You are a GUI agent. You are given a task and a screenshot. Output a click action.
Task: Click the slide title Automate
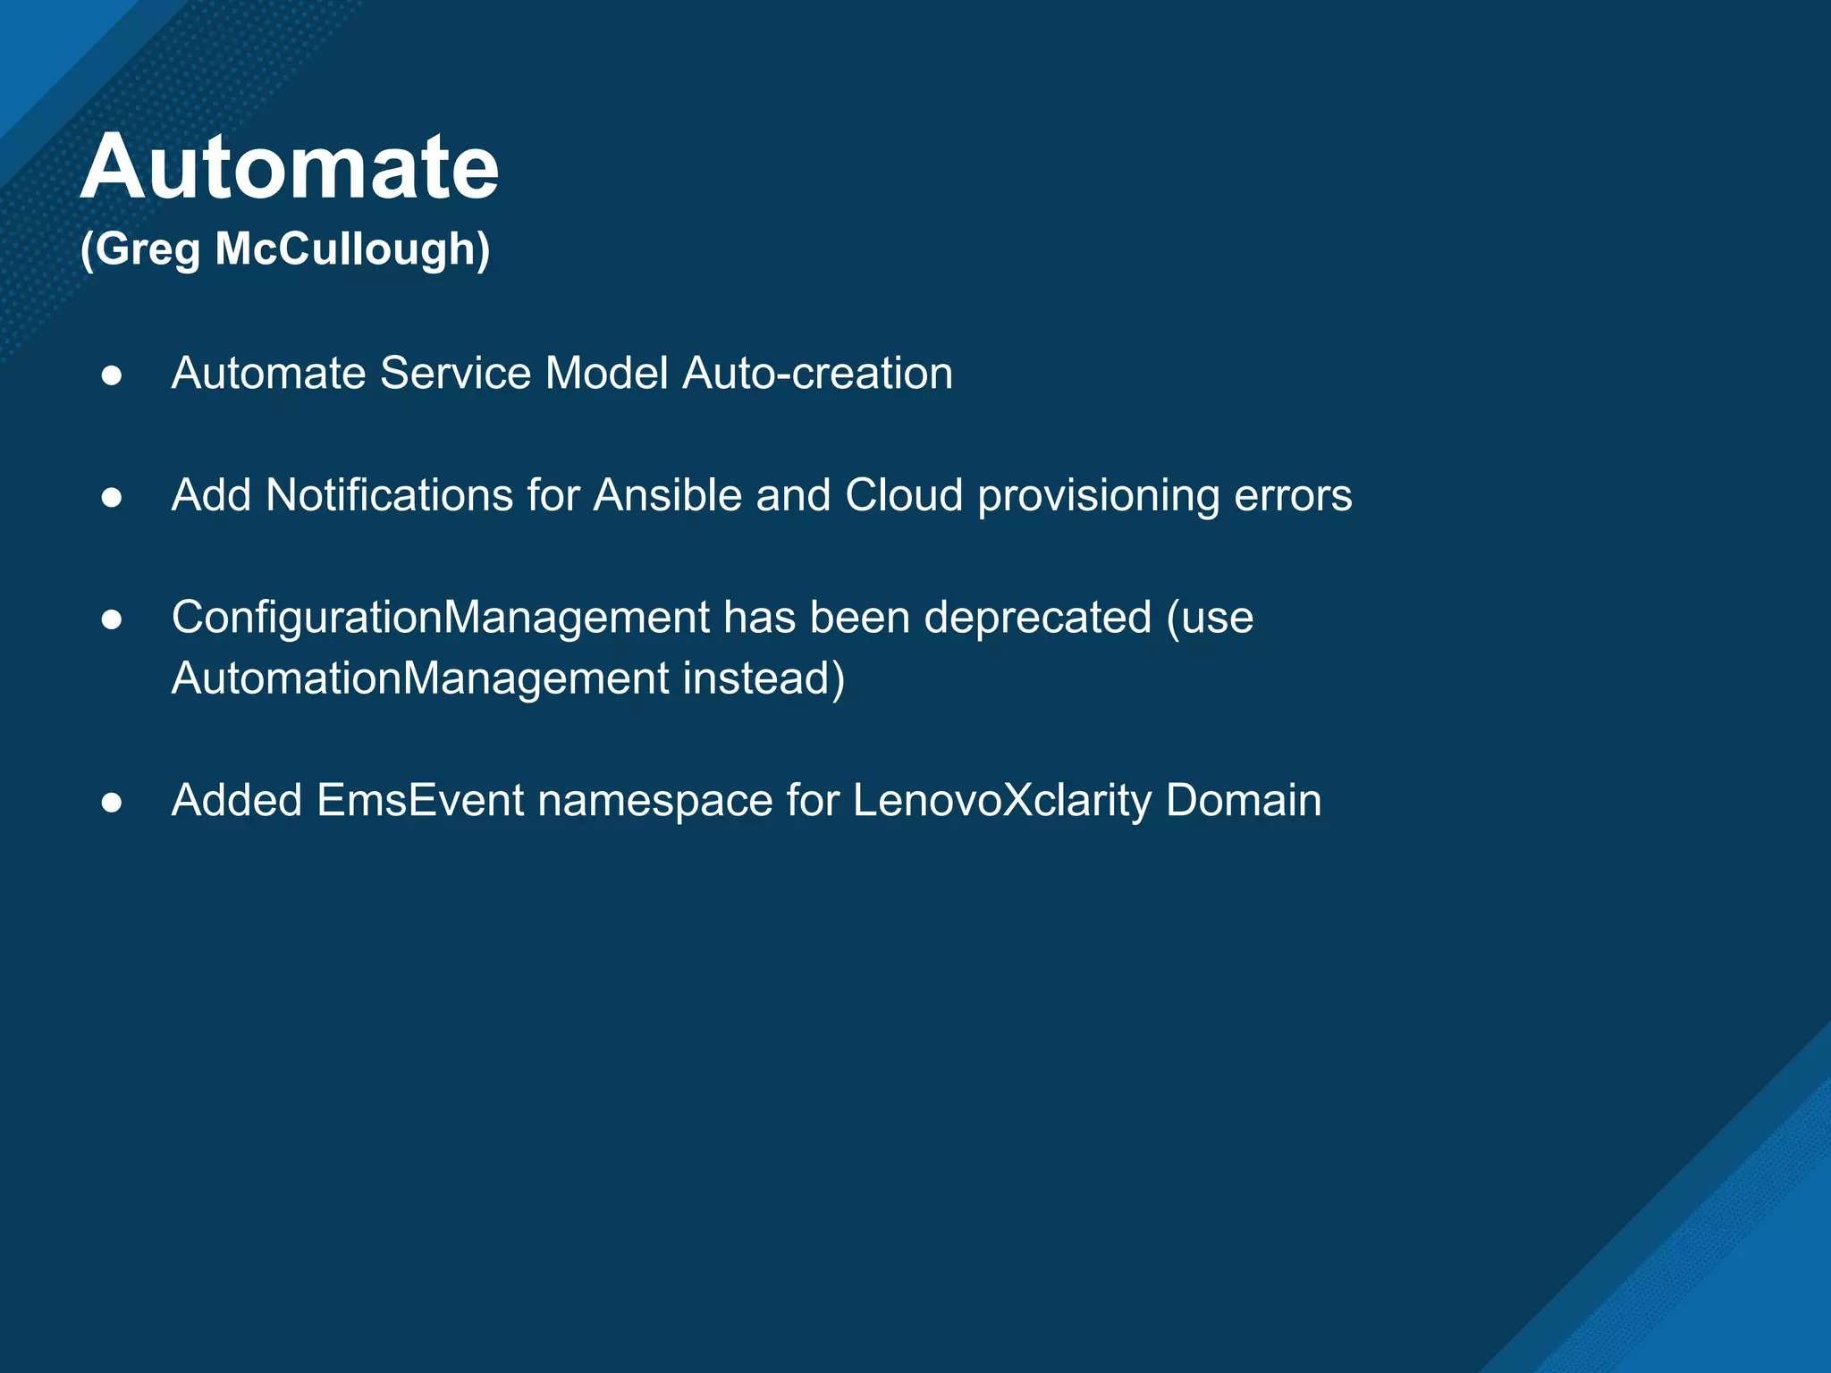coord(290,167)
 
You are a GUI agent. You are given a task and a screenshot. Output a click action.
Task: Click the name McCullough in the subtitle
coord(352,248)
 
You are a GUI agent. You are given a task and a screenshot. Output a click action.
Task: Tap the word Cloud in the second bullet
coord(904,495)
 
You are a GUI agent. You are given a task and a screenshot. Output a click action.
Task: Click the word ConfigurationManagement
coord(441,618)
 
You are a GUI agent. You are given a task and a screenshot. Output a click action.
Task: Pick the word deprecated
coord(1037,619)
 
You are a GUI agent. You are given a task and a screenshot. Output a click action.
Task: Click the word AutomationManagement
coord(420,678)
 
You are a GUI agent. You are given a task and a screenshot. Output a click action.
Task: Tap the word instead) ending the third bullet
coord(764,678)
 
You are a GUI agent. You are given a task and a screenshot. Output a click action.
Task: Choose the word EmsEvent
coord(420,800)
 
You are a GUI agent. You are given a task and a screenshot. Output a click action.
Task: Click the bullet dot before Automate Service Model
coord(112,375)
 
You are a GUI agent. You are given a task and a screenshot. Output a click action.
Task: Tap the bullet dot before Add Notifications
coord(112,498)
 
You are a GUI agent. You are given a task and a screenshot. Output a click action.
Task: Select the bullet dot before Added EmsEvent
coord(112,803)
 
